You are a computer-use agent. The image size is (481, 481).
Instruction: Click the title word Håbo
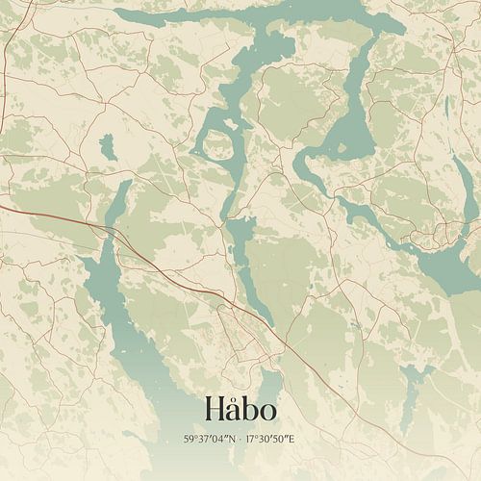(241, 409)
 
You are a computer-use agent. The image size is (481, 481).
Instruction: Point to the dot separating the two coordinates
(243, 440)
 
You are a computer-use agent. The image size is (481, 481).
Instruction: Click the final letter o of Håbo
(270, 412)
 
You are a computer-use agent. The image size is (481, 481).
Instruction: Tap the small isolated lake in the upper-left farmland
(106, 146)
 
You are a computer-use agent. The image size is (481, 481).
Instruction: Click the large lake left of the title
(125, 327)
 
